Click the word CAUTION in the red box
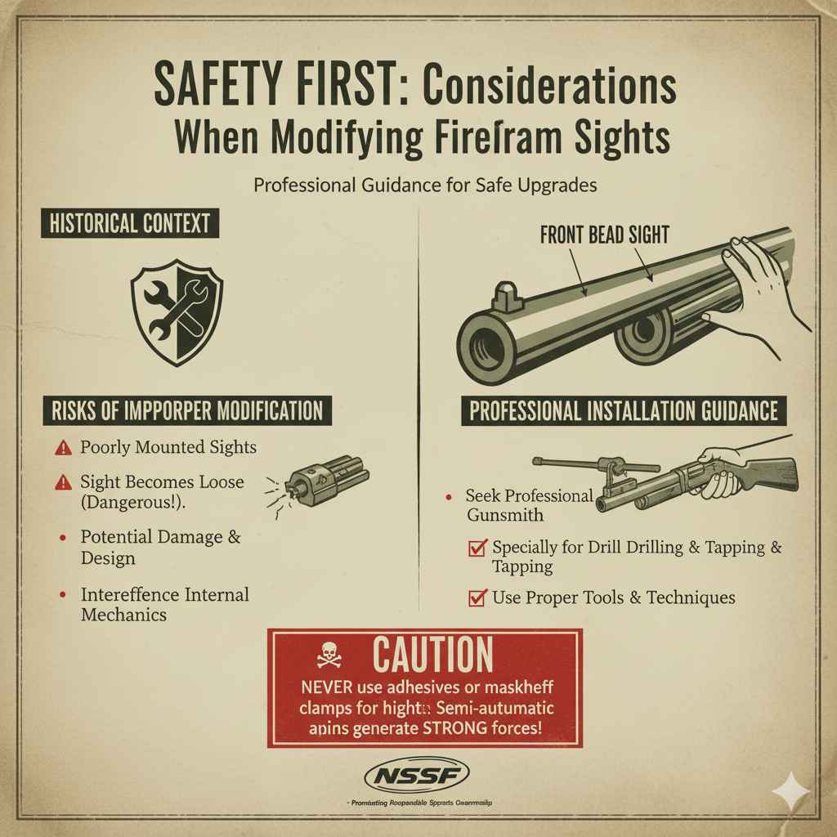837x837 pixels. [432, 655]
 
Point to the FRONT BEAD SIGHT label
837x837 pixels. [604, 235]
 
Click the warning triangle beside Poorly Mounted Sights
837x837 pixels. [63, 448]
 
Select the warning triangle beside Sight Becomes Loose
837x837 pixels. [63, 483]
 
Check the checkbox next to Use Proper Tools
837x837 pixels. [477, 598]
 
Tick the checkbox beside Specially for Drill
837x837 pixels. [477, 548]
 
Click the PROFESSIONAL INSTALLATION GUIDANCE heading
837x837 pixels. [624, 410]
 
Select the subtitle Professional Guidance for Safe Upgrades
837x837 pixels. [424, 185]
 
